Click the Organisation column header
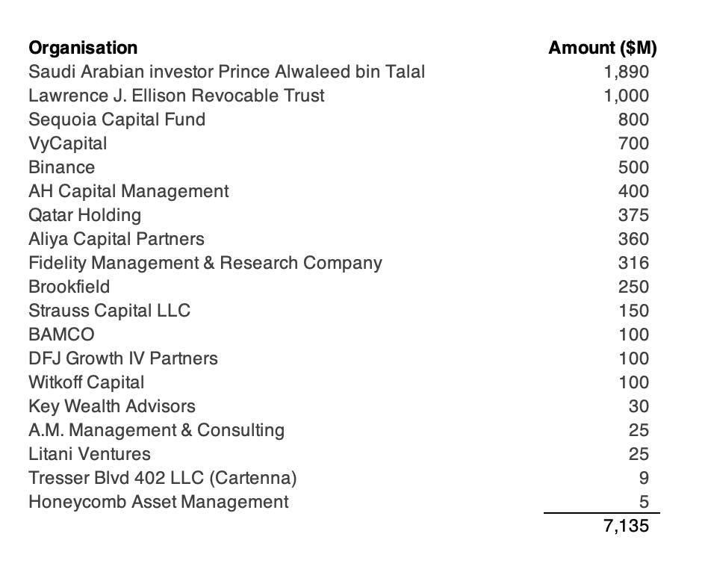click(83, 49)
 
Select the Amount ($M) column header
click(602, 49)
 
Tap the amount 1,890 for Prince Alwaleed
click(626, 72)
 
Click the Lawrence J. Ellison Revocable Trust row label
click(176, 96)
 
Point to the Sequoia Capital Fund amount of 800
click(633, 120)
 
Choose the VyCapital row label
click(67, 144)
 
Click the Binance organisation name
click(61, 168)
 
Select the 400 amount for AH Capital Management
click(633, 192)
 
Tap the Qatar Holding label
click(84, 216)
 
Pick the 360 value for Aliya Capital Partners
click(633, 240)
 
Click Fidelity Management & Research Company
click(205, 264)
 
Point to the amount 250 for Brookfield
click(633, 287)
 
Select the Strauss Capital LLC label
click(109, 311)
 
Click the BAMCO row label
click(61, 335)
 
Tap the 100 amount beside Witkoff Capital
click(633, 383)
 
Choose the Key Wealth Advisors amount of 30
click(639, 407)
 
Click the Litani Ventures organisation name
click(89, 455)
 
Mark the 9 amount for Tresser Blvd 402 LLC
click(644, 479)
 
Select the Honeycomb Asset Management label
click(158, 503)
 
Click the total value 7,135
click(626, 526)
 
